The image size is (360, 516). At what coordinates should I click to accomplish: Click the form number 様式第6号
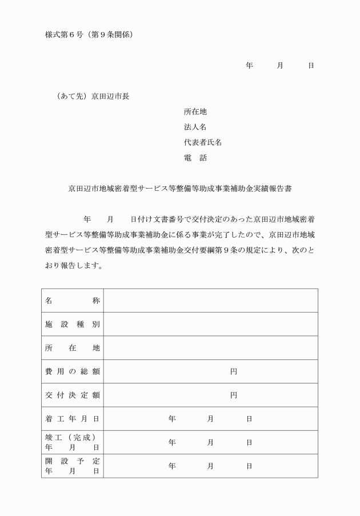click(x=65, y=35)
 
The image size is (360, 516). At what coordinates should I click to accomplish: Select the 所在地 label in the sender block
click(x=195, y=111)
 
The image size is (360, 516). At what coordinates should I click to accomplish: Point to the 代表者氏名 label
click(x=199, y=142)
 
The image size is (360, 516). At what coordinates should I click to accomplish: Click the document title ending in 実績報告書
click(x=180, y=188)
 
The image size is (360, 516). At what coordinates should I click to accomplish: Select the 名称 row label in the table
click(x=73, y=301)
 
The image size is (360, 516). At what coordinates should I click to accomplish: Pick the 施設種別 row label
click(x=73, y=325)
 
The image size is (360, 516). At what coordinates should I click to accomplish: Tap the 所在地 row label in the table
click(x=73, y=348)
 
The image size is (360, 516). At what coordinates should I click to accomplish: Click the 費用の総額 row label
click(x=73, y=371)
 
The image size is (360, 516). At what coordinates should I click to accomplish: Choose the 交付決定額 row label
click(x=73, y=395)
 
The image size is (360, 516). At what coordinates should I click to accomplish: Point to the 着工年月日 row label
click(x=73, y=419)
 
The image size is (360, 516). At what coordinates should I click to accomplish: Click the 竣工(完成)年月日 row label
click(x=73, y=442)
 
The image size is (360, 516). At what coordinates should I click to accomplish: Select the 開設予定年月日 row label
click(x=73, y=466)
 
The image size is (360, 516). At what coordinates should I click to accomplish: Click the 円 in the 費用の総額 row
click(x=233, y=371)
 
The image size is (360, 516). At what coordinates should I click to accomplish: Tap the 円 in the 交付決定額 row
click(x=233, y=395)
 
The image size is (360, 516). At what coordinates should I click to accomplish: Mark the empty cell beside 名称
click(x=210, y=301)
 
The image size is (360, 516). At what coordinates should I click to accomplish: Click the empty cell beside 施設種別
click(x=210, y=325)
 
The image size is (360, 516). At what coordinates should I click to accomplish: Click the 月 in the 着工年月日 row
click(x=210, y=419)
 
